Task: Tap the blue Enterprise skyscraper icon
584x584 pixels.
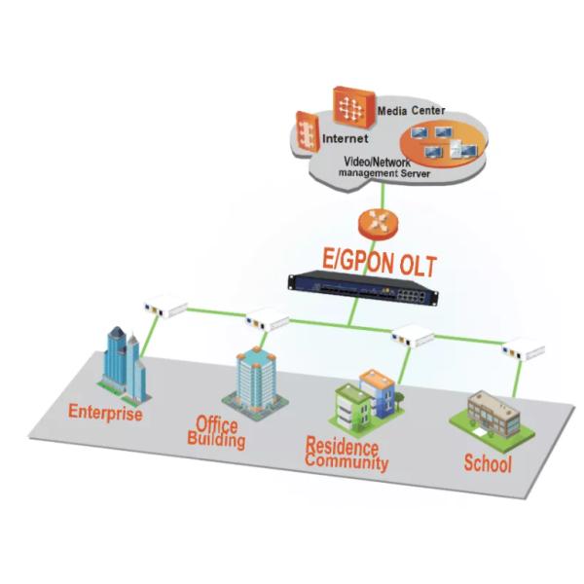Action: coord(125,366)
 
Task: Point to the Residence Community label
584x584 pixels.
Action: coord(347,454)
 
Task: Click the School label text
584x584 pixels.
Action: coord(488,463)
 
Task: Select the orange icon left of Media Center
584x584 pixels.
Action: coord(347,103)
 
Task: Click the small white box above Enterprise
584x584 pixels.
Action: coord(164,308)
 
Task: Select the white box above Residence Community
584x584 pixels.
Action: coord(413,337)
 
